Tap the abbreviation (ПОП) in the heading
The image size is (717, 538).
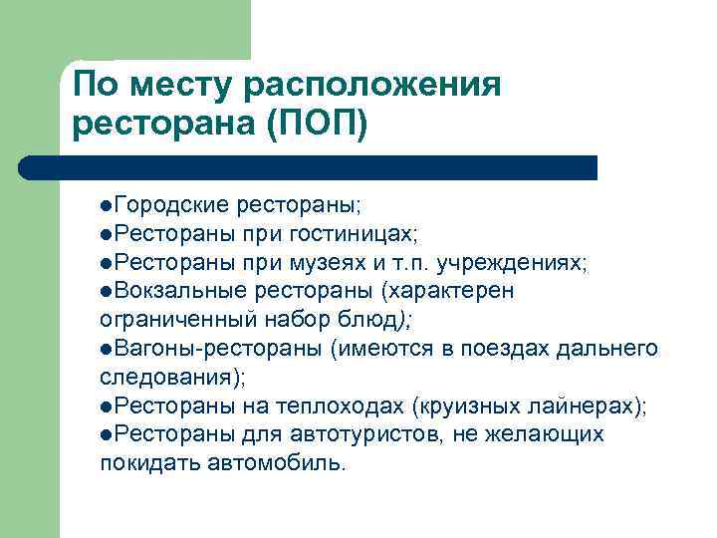coord(318,127)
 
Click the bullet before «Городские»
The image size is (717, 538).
coord(107,205)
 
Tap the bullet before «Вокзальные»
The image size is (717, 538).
coord(107,291)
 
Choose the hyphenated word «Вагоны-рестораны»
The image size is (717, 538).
coord(222,348)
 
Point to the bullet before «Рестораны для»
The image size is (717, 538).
coord(107,435)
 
